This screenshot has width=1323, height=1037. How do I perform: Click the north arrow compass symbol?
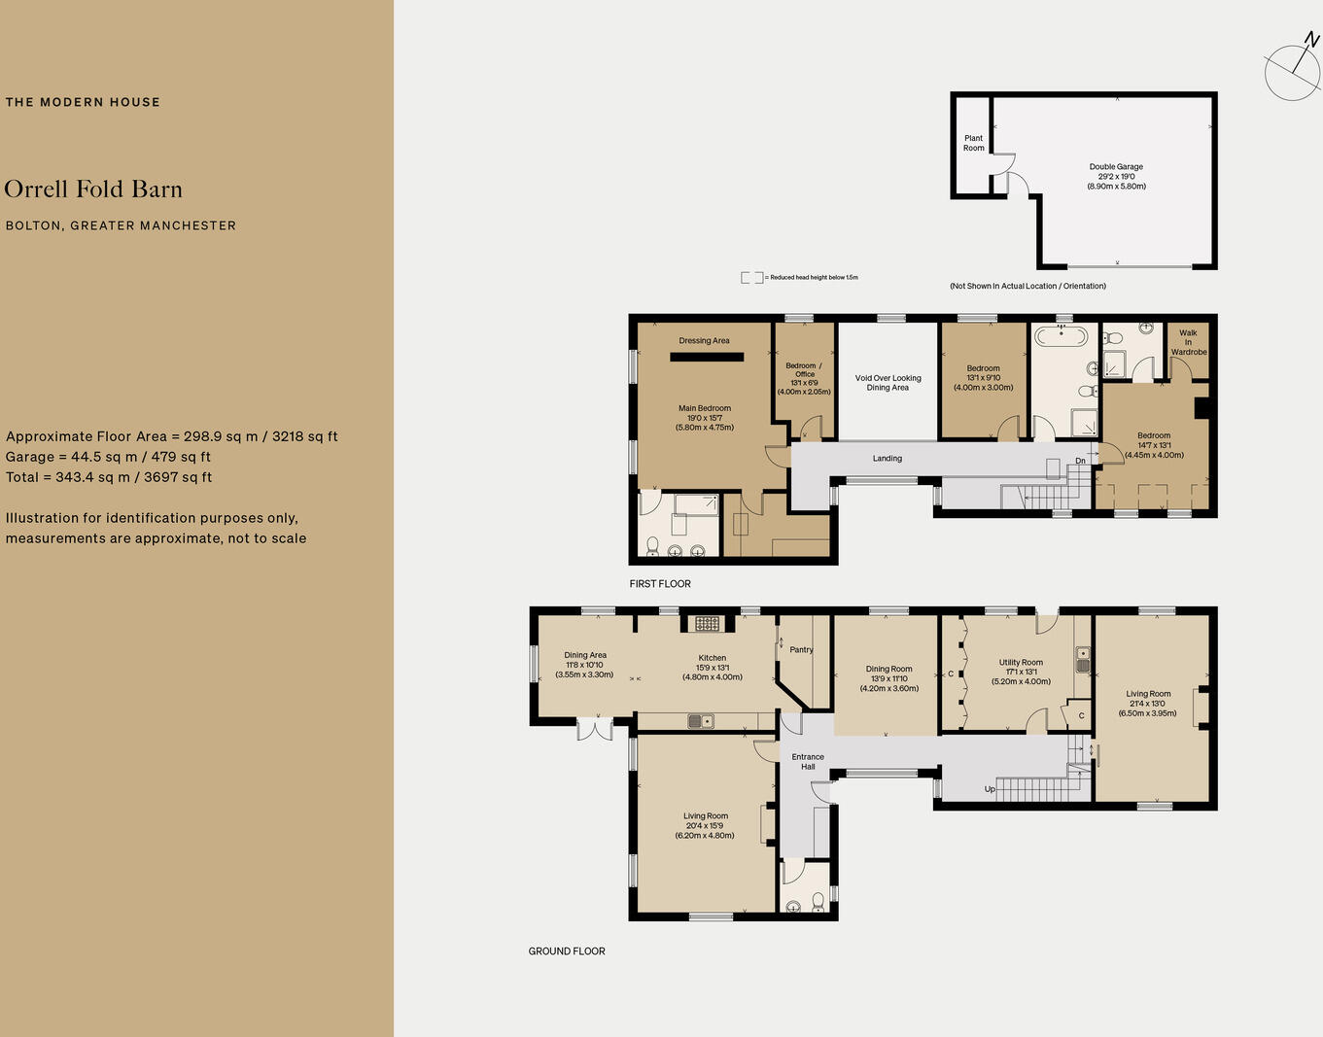point(1293,69)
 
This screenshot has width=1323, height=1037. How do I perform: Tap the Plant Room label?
point(973,143)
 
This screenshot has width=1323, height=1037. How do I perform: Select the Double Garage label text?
point(1116,167)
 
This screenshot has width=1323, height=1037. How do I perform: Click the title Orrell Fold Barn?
point(93,190)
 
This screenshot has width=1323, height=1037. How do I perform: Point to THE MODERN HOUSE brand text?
point(83,102)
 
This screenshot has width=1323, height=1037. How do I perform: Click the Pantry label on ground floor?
point(801,650)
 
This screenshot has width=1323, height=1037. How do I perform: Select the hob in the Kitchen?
point(707,624)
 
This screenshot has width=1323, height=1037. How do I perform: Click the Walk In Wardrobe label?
point(1188,342)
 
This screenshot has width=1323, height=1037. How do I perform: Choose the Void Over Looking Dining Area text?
point(888,383)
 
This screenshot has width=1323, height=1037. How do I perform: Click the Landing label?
point(887,459)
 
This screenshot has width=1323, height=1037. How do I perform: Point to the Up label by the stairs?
point(990,789)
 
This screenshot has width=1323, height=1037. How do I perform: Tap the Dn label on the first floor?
point(1080,461)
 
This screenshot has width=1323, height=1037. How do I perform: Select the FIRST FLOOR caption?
point(660,584)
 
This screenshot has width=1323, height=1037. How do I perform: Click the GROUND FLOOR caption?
point(567,951)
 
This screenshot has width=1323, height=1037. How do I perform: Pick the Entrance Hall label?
point(808,762)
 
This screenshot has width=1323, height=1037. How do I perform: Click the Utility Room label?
point(1021,663)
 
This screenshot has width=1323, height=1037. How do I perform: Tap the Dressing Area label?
point(704,341)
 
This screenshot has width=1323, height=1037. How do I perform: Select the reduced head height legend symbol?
point(751,278)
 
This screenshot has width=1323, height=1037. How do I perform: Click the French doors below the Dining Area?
point(594,729)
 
